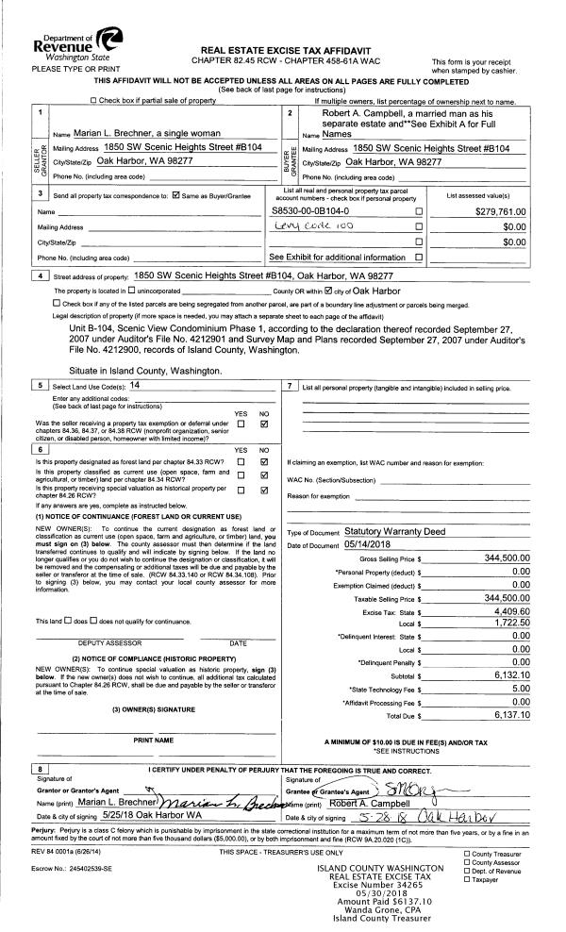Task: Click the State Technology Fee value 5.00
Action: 521,689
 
